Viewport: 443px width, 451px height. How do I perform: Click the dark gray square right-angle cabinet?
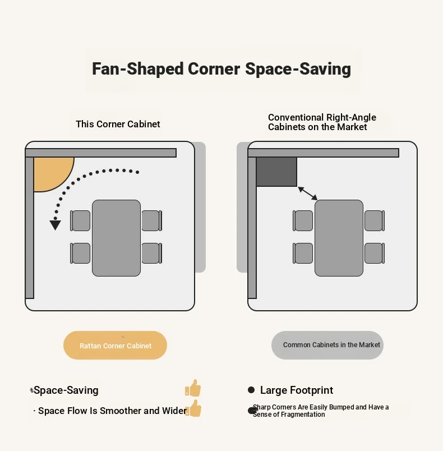pyautogui.click(x=276, y=172)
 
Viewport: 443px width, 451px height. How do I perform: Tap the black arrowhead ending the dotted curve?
pyautogui.click(x=55, y=225)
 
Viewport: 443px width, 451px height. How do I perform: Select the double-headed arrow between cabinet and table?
pyautogui.click(x=308, y=194)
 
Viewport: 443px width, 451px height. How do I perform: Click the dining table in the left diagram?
pyautogui.click(x=117, y=238)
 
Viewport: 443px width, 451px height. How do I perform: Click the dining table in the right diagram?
pyautogui.click(x=339, y=238)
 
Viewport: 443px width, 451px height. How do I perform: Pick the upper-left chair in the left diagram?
pyautogui.click(x=80, y=220)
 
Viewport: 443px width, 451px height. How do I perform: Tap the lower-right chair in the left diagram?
pyautogui.click(x=152, y=253)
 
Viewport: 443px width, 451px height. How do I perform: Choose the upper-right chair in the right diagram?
pyautogui.click(x=375, y=220)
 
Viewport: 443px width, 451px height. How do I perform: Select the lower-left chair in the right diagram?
pyautogui.click(x=303, y=253)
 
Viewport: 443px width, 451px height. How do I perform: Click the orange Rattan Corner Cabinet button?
pyautogui.click(x=116, y=345)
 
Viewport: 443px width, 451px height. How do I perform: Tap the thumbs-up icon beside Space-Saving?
pyautogui.click(x=193, y=388)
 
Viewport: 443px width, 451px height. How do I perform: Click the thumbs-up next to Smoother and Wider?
pyautogui.click(x=193, y=408)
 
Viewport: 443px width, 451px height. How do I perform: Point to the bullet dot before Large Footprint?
pyautogui.click(x=251, y=390)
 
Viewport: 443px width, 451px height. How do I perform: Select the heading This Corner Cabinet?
pyautogui.click(x=118, y=124)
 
